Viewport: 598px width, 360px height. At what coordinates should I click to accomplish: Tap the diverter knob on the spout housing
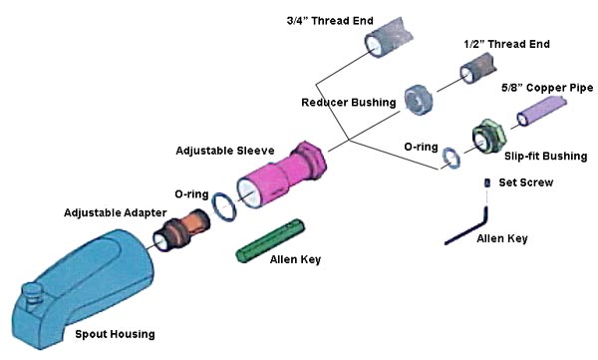pyautogui.click(x=32, y=293)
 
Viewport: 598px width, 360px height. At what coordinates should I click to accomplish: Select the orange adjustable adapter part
pyautogui.click(x=181, y=230)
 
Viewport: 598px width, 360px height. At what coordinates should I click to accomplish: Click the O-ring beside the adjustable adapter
pyautogui.click(x=224, y=207)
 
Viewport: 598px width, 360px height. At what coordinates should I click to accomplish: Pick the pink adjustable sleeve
pyautogui.click(x=281, y=175)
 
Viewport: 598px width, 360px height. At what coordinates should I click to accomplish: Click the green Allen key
pyautogui.click(x=270, y=241)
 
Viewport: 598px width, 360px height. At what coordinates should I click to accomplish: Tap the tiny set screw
pyautogui.click(x=487, y=182)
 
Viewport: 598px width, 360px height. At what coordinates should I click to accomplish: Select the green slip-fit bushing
pyautogui.click(x=489, y=137)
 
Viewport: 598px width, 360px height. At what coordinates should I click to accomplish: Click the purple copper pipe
pyautogui.click(x=541, y=111)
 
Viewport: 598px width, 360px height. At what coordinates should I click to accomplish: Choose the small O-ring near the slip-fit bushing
pyautogui.click(x=451, y=158)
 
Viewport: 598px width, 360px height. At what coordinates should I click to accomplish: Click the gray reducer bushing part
pyautogui.click(x=418, y=100)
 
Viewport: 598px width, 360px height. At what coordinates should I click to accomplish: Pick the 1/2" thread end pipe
pyautogui.click(x=478, y=68)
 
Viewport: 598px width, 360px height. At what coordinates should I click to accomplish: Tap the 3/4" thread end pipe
pyautogui.click(x=389, y=38)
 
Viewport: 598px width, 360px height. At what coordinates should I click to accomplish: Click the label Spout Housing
pyautogui.click(x=115, y=334)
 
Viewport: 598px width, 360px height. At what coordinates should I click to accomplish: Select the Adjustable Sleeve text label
pyautogui.click(x=225, y=151)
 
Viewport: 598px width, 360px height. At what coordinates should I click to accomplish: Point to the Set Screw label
pyautogui.click(x=526, y=182)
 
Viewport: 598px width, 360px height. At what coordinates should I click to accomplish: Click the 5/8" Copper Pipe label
pyautogui.click(x=547, y=88)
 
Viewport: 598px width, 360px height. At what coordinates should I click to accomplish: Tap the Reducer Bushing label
pyautogui.click(x=349, y=103)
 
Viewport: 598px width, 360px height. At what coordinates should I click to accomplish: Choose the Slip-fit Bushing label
pyautogui.click(x=546, y=157)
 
